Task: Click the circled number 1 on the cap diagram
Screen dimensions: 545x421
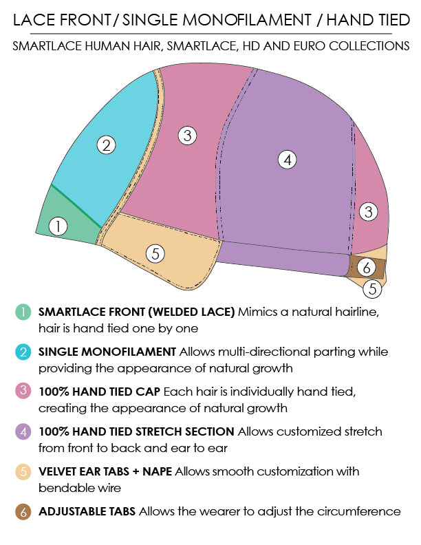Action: tap(59, 226)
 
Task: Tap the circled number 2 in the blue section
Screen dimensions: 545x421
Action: tap(106, 145)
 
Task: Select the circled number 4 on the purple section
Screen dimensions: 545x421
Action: tap(288, 160)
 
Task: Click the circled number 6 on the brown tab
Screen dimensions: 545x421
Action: tap(368, 266)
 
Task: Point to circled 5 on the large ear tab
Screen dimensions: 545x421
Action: tap(156, 253)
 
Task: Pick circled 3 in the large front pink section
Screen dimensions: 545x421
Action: tap(187, 136)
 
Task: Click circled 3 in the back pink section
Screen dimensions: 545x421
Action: tap(369, 211)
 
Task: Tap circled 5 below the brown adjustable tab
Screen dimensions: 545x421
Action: tap(372, 288)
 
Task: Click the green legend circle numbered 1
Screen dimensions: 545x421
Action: tap(23, 312)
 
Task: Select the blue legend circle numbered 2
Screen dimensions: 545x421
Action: tap(23, 352)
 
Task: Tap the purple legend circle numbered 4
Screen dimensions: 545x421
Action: tap(23, 431)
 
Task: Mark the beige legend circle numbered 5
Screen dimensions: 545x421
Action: tap(23, 471)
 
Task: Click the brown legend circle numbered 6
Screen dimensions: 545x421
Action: tap(23, 511)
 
